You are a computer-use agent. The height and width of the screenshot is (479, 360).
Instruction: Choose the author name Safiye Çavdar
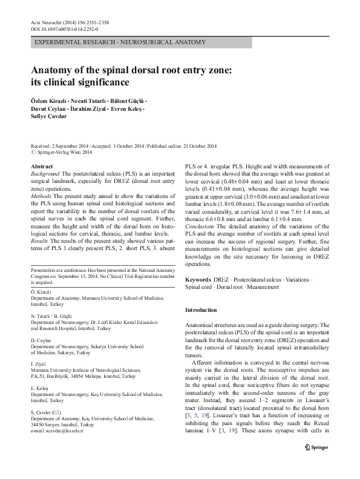coord(48,116)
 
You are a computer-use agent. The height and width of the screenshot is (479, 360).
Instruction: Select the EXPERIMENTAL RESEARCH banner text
coord(120,42)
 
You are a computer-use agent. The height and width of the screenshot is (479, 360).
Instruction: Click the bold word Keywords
coord(198,280)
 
